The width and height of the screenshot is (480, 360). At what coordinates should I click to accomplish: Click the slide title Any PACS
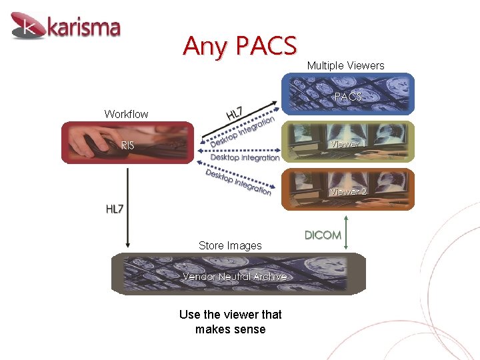239,46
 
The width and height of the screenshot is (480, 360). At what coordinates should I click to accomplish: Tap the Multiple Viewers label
345,65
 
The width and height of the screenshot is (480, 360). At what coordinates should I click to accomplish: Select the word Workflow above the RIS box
126,114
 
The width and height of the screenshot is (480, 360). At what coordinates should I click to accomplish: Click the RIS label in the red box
127,145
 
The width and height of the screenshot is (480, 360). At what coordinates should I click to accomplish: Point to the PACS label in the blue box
348,97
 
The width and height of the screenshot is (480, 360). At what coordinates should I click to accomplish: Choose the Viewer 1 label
345,144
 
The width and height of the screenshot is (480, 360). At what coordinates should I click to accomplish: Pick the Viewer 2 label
349,191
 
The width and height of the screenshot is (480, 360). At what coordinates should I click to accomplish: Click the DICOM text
323,235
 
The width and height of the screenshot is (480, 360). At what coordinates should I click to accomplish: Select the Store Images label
230,245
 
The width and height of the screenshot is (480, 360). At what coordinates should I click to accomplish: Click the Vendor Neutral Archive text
235,276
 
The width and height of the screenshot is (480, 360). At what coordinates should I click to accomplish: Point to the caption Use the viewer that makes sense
231,322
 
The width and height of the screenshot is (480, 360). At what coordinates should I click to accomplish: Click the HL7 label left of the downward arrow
115,209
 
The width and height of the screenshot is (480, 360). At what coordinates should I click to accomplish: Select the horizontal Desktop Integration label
245,158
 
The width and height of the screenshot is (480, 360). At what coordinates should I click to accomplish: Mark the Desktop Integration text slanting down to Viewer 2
238,182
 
